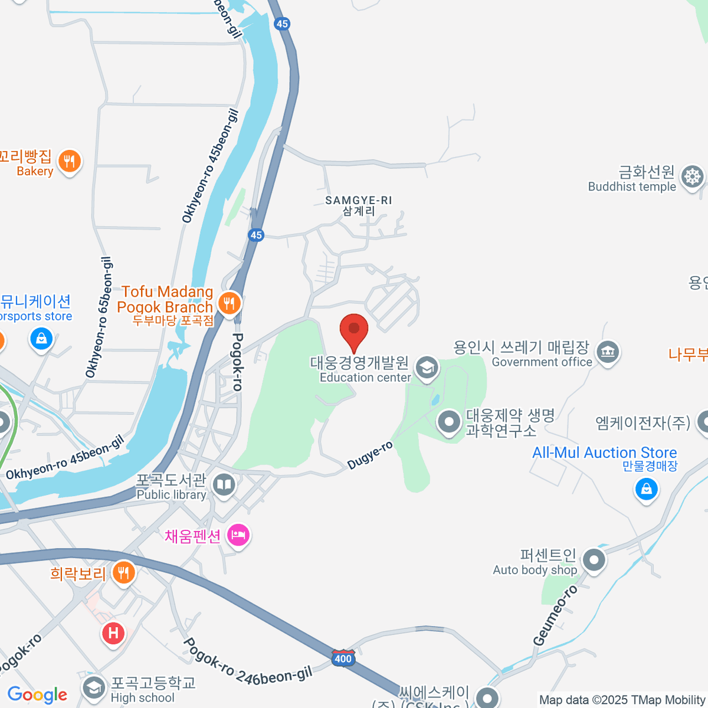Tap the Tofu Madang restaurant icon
(229, 303)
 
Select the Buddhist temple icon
(691, 177)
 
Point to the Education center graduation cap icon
(426, 368)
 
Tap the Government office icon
(607, 352)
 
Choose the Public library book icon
(223, 486)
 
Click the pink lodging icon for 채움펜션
(238, 536)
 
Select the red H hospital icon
(113, 634)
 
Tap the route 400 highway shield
(342, 658)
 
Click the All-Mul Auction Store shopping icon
(646, 489)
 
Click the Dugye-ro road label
(370, 455)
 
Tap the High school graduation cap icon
(93, 688)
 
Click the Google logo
(37, 695)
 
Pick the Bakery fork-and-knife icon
(69, 160)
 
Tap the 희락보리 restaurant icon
(123, 572)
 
